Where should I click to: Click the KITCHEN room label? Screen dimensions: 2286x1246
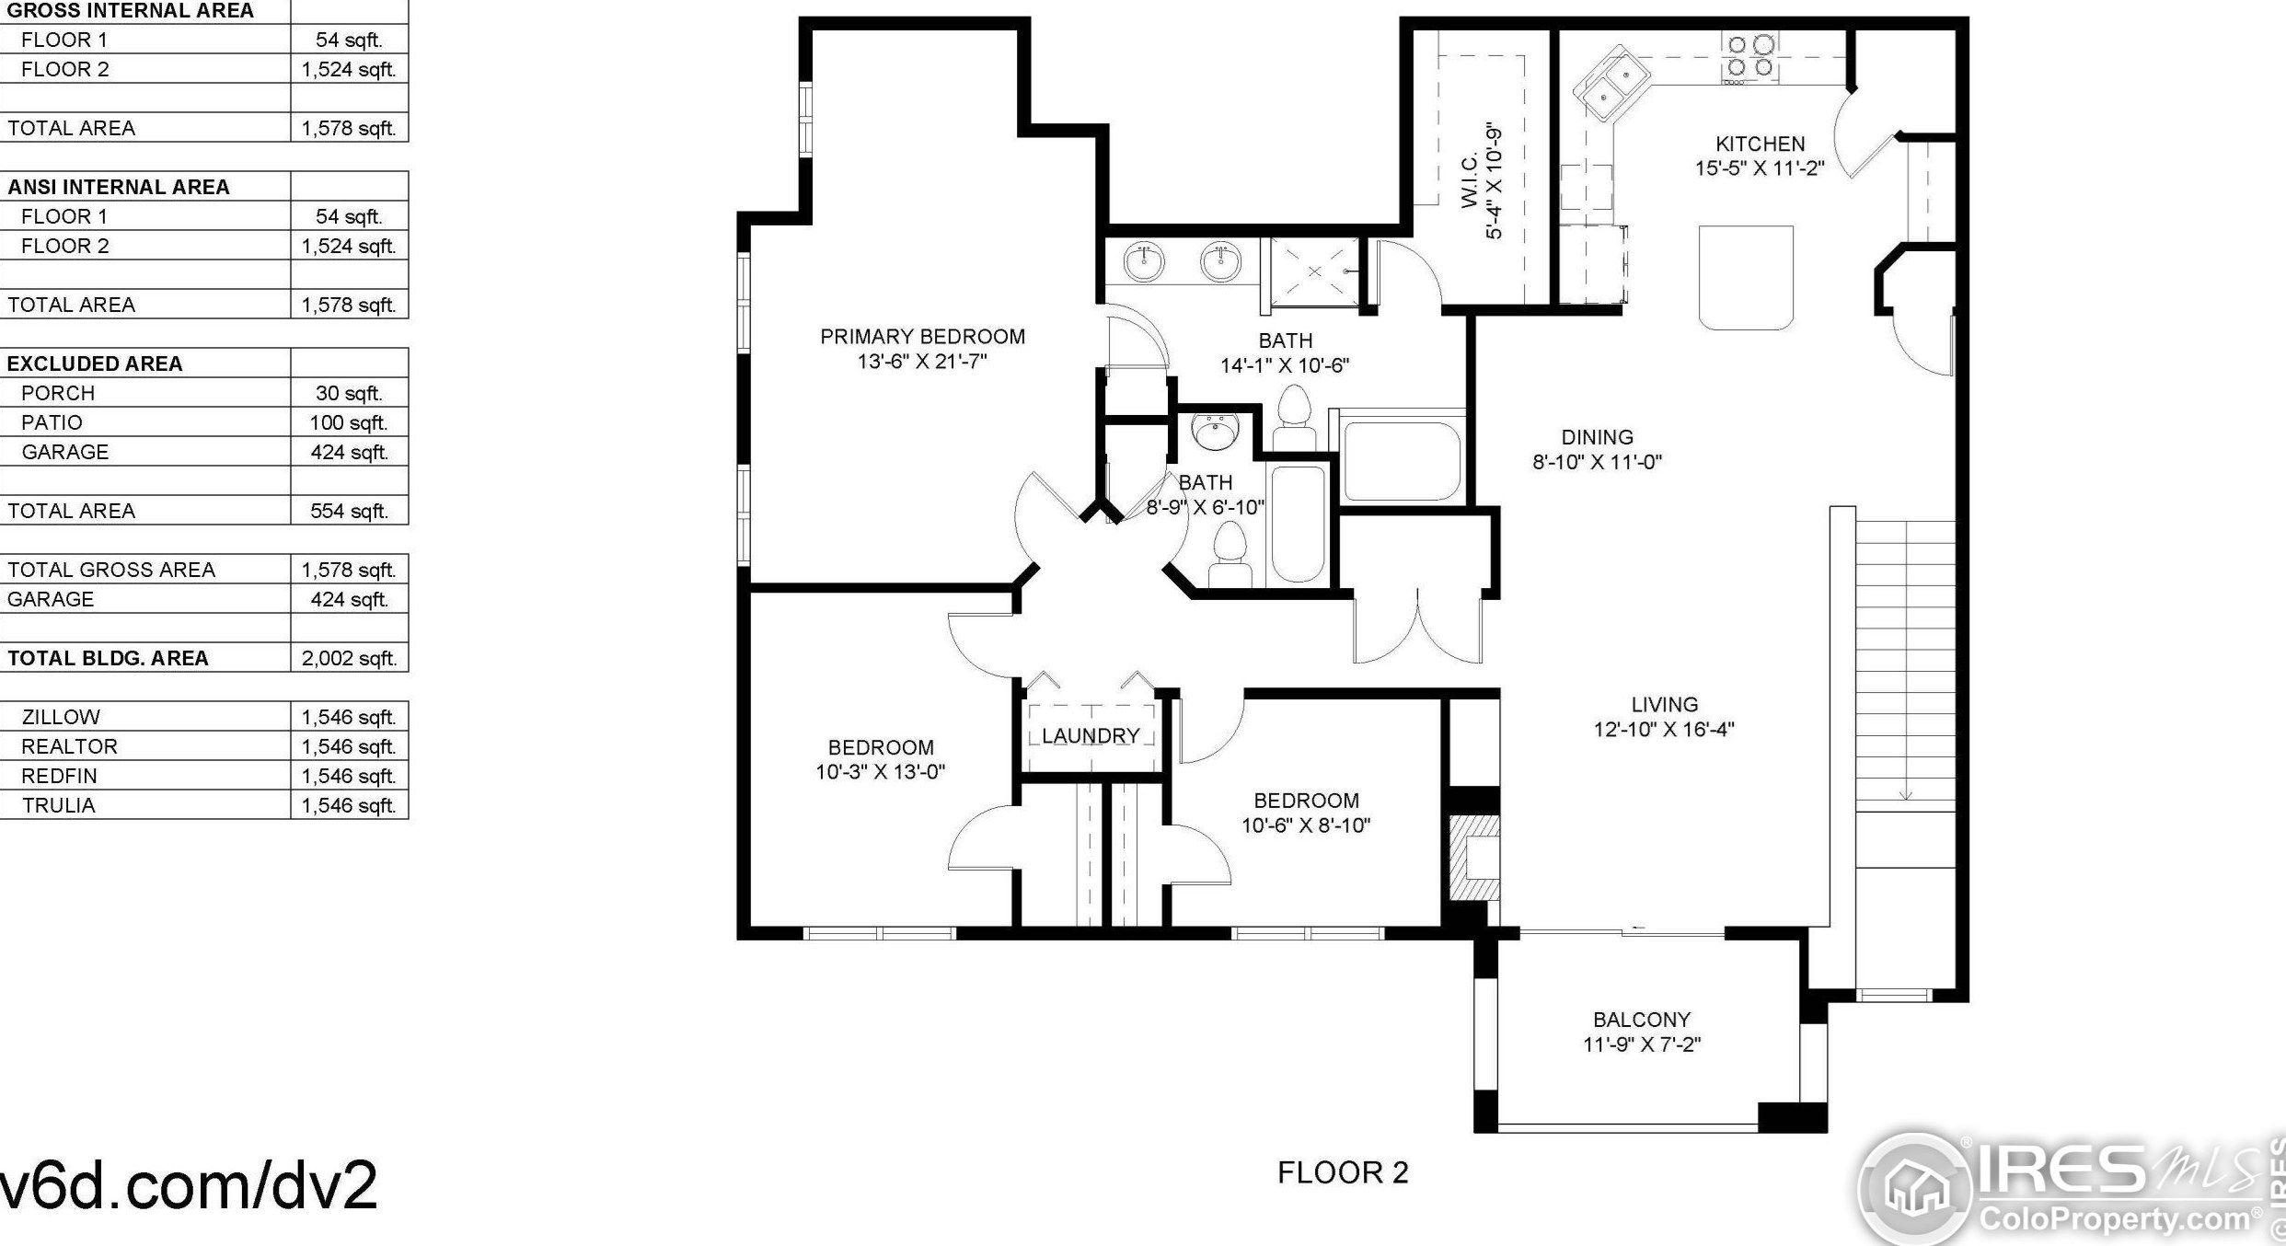[1760, 144]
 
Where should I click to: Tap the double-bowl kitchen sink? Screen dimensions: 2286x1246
[1611, 84]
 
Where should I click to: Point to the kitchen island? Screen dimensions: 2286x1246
[1746, 277]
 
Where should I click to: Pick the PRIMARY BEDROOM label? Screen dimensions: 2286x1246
[922, 337]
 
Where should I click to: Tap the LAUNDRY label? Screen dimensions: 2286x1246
[1091, 736]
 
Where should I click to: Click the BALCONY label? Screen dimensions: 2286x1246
[1642, 1020]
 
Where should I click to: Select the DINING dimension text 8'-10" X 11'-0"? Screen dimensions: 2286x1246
[1597, 462]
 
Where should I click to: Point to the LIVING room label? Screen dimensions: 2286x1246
[1665, 705]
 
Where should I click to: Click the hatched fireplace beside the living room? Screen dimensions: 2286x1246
[1475, 858]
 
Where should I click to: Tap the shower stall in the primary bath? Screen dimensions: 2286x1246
[1314, 271]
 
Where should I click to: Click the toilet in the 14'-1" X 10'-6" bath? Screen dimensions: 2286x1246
[1294, 418]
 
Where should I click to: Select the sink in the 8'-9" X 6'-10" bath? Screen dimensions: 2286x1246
[1215, 431]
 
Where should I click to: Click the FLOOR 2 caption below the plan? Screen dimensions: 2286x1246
[1343, 1172]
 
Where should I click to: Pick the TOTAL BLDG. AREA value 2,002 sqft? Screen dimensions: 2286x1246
[349, 658]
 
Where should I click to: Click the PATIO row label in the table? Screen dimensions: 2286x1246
[52, 422]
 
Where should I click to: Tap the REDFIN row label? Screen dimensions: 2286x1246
[59, 776]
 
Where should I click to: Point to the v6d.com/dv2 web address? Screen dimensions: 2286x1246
[189, 1184]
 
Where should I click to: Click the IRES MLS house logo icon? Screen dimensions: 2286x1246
[1914, 1187]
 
